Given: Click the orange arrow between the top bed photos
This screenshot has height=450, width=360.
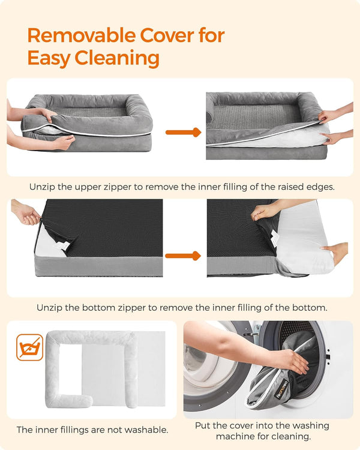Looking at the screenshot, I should [x=182, y=131].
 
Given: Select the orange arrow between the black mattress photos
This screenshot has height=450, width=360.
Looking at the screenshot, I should [x=182, y=256].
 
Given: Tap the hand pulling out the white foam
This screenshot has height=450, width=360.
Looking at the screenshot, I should [x=336, y=252].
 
